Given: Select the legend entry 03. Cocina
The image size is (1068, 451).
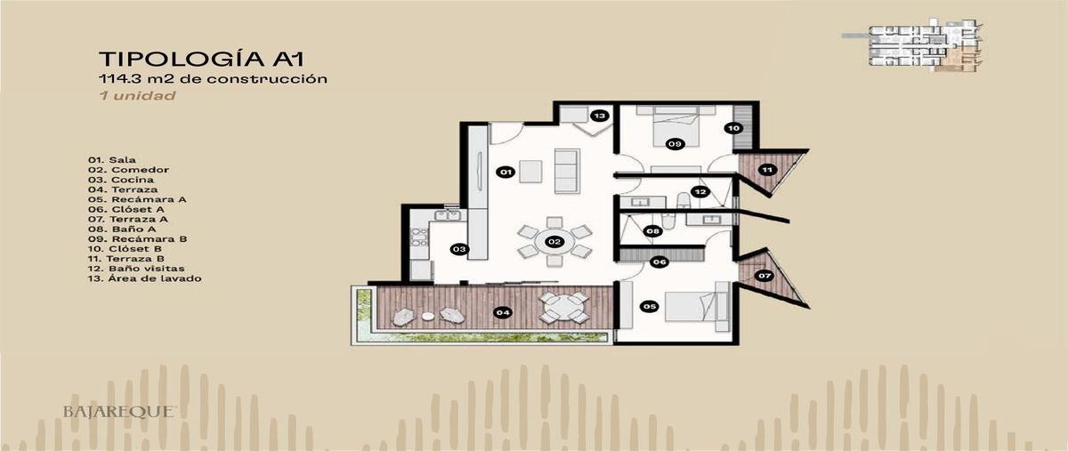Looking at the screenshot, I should (x=120, y=180).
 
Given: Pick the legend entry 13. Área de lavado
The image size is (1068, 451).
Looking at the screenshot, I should (x=144, y=278).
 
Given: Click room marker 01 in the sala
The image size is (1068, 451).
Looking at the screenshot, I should (x=504, y=171).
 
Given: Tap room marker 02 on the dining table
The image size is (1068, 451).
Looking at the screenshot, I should (x=553, y=241).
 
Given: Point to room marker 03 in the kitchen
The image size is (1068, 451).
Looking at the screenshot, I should (x=459, y=249).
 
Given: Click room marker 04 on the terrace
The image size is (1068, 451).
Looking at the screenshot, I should (x=503, y=312).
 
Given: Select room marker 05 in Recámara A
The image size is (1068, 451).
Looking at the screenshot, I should (x=649, y=307).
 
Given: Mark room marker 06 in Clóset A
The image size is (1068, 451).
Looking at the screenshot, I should (x=659, y=262).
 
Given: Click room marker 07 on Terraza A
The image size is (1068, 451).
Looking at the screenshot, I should (x=765, y=276).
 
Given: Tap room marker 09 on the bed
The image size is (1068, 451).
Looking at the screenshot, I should (x=675, y=142).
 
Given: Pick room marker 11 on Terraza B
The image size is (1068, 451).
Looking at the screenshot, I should (x=765, y=169).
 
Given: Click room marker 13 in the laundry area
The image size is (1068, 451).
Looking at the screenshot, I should (x=599, y=116).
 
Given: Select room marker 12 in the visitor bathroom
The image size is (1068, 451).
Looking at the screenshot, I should (x=700, y=191).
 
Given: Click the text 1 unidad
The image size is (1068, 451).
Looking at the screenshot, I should (x=137, y=95).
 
